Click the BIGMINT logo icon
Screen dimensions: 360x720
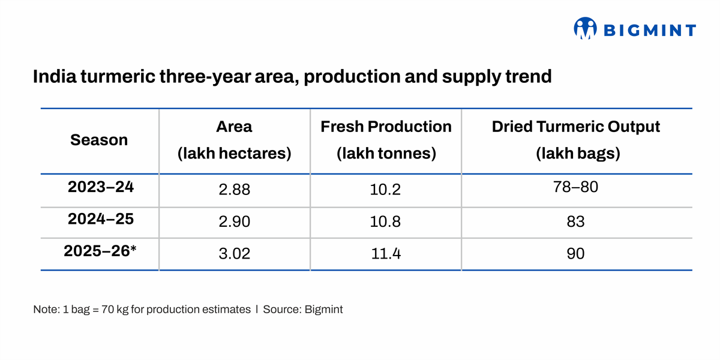click(x=585, y=28)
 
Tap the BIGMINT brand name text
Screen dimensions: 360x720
click(x=649, y=30)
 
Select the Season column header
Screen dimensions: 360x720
click(x=99, y=140)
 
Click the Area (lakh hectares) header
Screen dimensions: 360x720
click(x=234, y=140)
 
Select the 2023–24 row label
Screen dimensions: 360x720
click(x=101, y=187)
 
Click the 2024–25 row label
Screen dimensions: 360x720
click(x=101, y=219)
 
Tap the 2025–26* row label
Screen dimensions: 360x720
click(x=100, y=251)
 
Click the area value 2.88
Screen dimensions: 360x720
click(x=234, y=190)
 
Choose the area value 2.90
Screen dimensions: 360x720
click(x=234, y=222)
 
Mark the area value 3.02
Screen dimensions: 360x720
click(x=234, y=254)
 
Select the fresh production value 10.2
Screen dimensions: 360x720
click(x=386, y=190)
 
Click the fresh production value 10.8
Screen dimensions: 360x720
click(x=386, y=222)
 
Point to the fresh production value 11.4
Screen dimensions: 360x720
click(x=386, y=254)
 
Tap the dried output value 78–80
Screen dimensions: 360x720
click(x=576, y=187)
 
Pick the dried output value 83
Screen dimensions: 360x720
click(x=576, y=222)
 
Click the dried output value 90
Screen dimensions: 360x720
click(x=576, y=254)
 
